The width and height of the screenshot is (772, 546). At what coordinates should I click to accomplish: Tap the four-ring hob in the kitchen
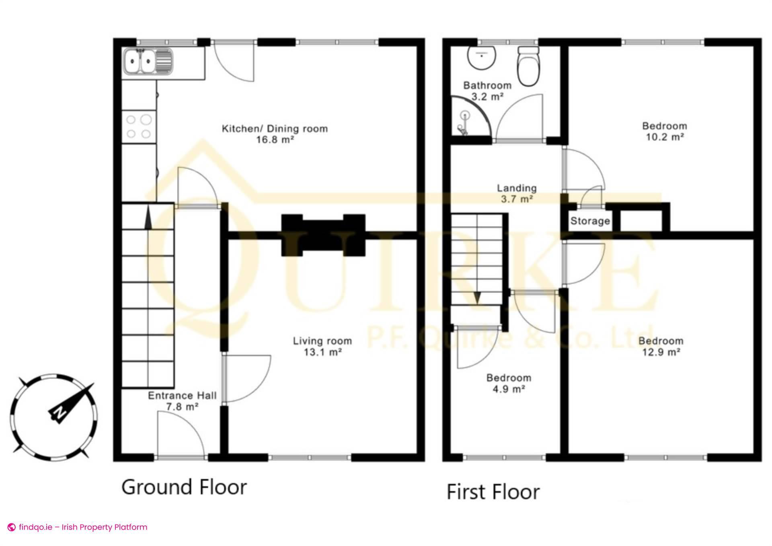click(x=139, y=126)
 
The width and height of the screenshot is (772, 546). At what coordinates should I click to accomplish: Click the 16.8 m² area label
click(x=275, y=140)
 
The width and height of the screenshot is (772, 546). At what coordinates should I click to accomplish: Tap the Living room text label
click(x=322, y=341)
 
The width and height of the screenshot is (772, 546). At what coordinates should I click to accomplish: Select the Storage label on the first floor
click(x=590, y=221)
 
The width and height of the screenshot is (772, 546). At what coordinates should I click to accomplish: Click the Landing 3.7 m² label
click(x=517, y=193)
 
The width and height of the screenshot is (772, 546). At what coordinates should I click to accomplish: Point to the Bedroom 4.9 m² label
click(x=509, y=383)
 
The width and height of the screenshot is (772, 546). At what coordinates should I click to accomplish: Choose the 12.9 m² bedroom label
click(x=661, y=347)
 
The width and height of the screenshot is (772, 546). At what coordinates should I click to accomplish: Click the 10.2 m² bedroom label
click(x=664, y=131)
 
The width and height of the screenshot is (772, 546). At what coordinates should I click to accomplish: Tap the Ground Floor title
click(x=184, y=487)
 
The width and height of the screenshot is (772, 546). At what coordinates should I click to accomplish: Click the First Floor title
click(x=493, y=492)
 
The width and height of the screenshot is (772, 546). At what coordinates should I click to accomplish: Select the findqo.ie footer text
click(x=83, y=527)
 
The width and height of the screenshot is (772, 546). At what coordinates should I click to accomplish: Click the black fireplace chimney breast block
click(x=323, y=236)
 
